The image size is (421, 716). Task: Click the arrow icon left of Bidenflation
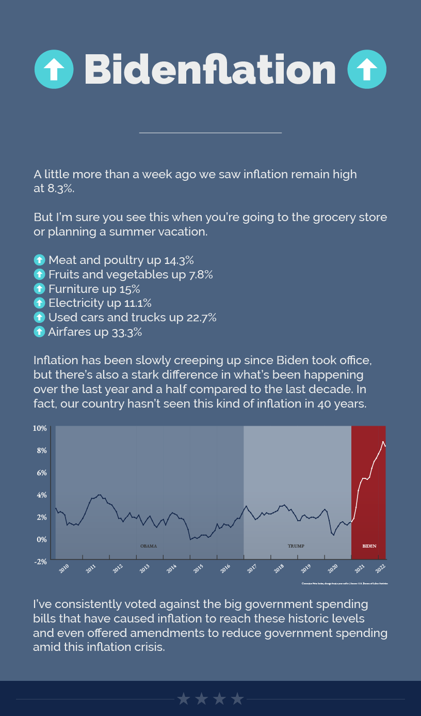tap(53, 69)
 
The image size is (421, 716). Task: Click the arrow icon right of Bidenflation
tap(367, 69)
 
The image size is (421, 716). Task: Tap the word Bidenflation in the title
tap(210, 69)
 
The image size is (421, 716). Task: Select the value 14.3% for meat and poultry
tap(179, 260)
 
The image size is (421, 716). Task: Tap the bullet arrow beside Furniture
tap(39, 288)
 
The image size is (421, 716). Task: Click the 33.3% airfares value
tap(126, 332)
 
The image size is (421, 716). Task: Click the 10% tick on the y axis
tap(40, 428)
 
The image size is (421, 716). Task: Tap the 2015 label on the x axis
tap(199, 568)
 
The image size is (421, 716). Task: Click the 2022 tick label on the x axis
tap(381, 568)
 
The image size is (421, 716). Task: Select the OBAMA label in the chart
tap(149, 546)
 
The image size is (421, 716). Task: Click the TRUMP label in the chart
tap(296, 546)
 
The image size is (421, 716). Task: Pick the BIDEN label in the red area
tap(369, 546)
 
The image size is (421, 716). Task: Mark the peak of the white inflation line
tap(383, 442)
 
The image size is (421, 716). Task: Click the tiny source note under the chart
tap(345, 583)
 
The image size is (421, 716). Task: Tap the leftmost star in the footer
tap(184, 699)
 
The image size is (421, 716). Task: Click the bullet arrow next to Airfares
tap(39, 332)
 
